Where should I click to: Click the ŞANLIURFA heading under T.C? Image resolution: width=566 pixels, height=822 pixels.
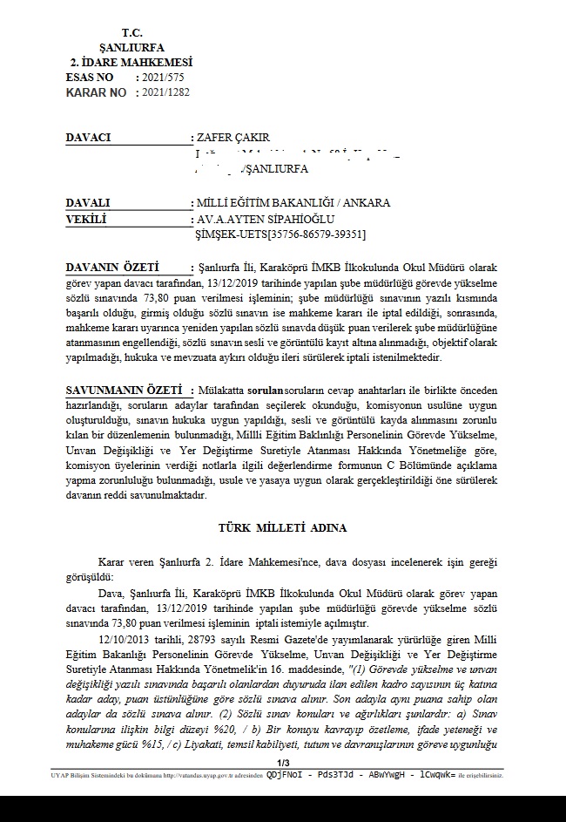point(131,47)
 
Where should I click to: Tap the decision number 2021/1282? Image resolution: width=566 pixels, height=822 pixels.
point(165,92)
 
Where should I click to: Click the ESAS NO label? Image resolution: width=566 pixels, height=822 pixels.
point(90,78)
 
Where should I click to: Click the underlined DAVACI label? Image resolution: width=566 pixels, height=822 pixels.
point(89,138)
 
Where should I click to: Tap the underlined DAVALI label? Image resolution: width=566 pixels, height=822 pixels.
point(87,203)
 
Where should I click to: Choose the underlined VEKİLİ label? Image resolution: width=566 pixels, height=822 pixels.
point(85,219)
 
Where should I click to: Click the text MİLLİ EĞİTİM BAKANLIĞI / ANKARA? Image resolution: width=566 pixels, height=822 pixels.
point(293,203)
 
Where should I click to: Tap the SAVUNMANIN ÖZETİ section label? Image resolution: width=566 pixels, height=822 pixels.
point(125,391)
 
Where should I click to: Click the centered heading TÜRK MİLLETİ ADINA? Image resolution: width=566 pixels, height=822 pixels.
point(282,528)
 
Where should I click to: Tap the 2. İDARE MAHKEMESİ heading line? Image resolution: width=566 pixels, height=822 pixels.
point(131,63)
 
